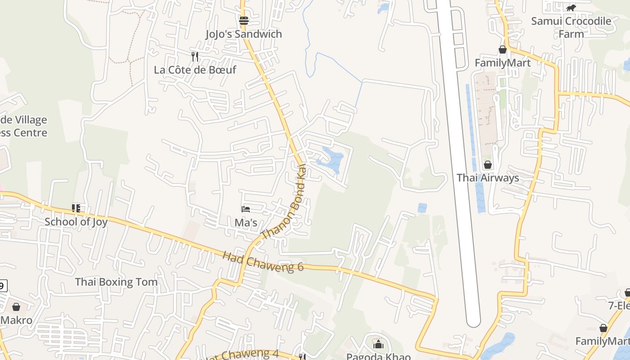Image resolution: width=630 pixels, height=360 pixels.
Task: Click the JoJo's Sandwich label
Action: (243, 34)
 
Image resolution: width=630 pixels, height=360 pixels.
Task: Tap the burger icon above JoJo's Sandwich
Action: (244, 20)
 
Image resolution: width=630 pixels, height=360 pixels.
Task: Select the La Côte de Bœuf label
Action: (195, 70)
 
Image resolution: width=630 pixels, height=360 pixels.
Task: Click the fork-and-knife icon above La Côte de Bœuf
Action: (195, 56)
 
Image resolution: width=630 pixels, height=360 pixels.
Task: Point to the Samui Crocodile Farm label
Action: (571, 27)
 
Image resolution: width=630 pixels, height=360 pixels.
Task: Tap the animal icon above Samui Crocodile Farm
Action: (571, 8)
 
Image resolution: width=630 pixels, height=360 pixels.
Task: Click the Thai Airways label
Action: (488, 178)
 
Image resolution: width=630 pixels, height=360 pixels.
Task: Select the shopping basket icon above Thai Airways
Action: (488, 165)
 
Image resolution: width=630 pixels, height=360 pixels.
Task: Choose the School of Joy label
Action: (76, 221)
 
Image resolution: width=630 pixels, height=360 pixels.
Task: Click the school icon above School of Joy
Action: (76, 208)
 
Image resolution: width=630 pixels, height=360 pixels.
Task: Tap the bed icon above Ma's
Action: (246, 209)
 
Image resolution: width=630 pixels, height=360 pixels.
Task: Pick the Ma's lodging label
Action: (246, 222)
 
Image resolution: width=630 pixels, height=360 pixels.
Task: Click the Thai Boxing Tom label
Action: (116, 282)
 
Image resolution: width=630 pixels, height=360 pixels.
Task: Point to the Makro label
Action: (17, 320)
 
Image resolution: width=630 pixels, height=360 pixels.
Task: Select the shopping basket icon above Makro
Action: (16, 307)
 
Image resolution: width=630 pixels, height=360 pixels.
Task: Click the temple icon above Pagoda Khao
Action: (378, 344)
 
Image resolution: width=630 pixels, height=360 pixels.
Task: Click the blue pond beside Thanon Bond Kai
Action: (333, 160)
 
